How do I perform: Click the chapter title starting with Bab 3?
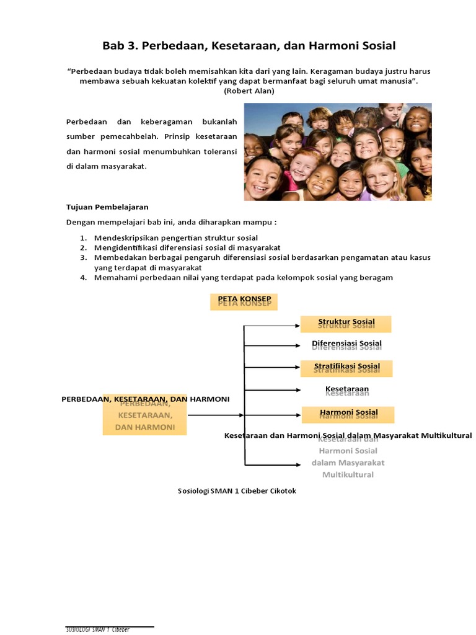point(249,46)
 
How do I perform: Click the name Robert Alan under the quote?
point(249,91)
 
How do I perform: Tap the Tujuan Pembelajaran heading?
point(107,207)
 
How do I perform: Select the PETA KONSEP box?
point(244,301)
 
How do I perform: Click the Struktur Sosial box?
point(346,324)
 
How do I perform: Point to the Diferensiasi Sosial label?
point(346,344)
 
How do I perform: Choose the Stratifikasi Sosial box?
point(346,368)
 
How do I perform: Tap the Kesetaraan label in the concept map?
point(346,390)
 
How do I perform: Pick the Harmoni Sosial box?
point(348,414)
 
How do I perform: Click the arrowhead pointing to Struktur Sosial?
point(297,324)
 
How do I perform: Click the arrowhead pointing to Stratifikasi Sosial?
point(297,368)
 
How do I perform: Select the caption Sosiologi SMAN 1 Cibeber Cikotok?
point(237,491)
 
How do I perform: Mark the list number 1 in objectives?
point(82,238)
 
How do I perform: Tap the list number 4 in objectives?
point(82,278)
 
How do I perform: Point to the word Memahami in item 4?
point(115,278)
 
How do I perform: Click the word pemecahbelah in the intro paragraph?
point(134,136)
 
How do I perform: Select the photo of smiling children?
point(337,151)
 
